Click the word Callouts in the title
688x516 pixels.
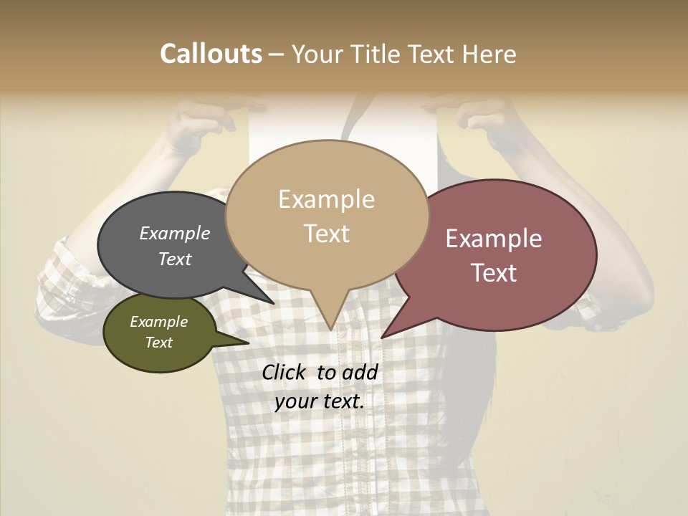[x=211, y=54]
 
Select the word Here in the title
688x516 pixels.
[x=489, y=54]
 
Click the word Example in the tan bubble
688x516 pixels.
[x=326, y=199]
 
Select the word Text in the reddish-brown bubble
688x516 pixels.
[x=494, y=273]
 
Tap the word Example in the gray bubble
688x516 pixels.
[x=175, y=234]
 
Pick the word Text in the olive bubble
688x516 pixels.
[x=158, y=343]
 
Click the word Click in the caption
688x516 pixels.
[x=285, y=372]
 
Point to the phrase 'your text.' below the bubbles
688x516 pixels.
[x=320, y=402]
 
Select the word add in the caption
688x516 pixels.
[x=360, y=372]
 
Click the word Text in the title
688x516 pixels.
[x=434, y=54]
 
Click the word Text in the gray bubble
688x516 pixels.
[x=175, y=259]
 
